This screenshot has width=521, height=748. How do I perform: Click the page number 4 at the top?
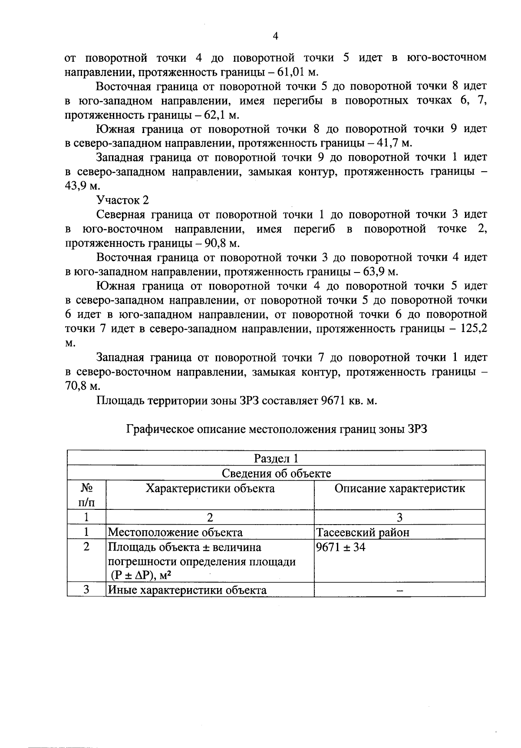tap(275, 37)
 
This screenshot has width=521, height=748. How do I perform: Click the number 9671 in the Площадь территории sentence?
tap(333, 401)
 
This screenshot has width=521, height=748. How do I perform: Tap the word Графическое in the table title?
tap(160, 429)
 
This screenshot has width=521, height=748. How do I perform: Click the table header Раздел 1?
tap(276, 459)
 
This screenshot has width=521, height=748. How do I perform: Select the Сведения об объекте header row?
tap(276, 473)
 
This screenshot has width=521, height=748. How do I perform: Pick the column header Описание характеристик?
tap(399, 489)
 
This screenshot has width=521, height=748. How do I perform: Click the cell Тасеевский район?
tap(363, 532)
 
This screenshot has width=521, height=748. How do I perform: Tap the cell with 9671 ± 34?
tap(341, 547)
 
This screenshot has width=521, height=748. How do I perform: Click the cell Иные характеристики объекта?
tap(187, 590)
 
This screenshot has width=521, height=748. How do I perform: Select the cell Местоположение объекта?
tap(175, 532)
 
